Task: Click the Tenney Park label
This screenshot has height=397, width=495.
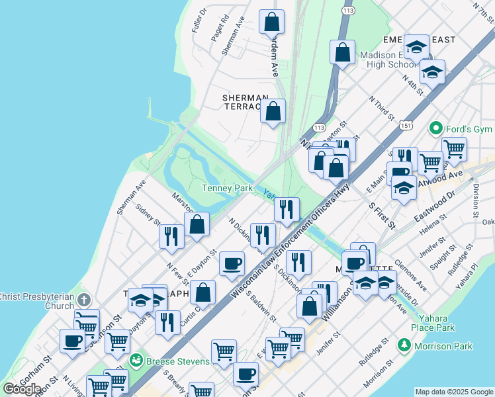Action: pos(227,189)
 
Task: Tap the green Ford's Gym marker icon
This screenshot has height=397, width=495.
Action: pos(435,127)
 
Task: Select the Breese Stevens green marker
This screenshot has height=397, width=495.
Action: pos(136,361)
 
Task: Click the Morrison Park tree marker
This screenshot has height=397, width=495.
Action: pos(404,345)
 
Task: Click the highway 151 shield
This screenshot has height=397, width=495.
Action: pos(406,124)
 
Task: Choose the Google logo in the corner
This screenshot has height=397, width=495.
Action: pos(22,389)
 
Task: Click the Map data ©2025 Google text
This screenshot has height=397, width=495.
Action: pos(454,392)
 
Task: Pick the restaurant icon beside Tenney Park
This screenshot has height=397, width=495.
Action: pos(287,209)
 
